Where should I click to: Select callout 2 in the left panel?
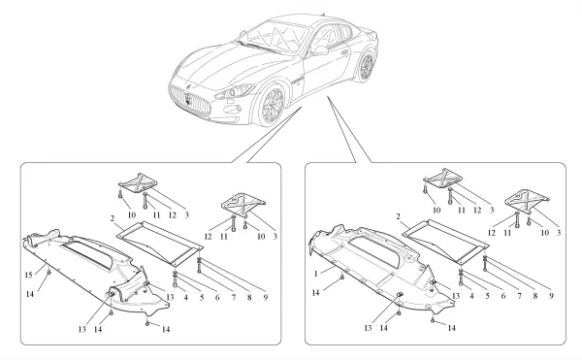113,219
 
